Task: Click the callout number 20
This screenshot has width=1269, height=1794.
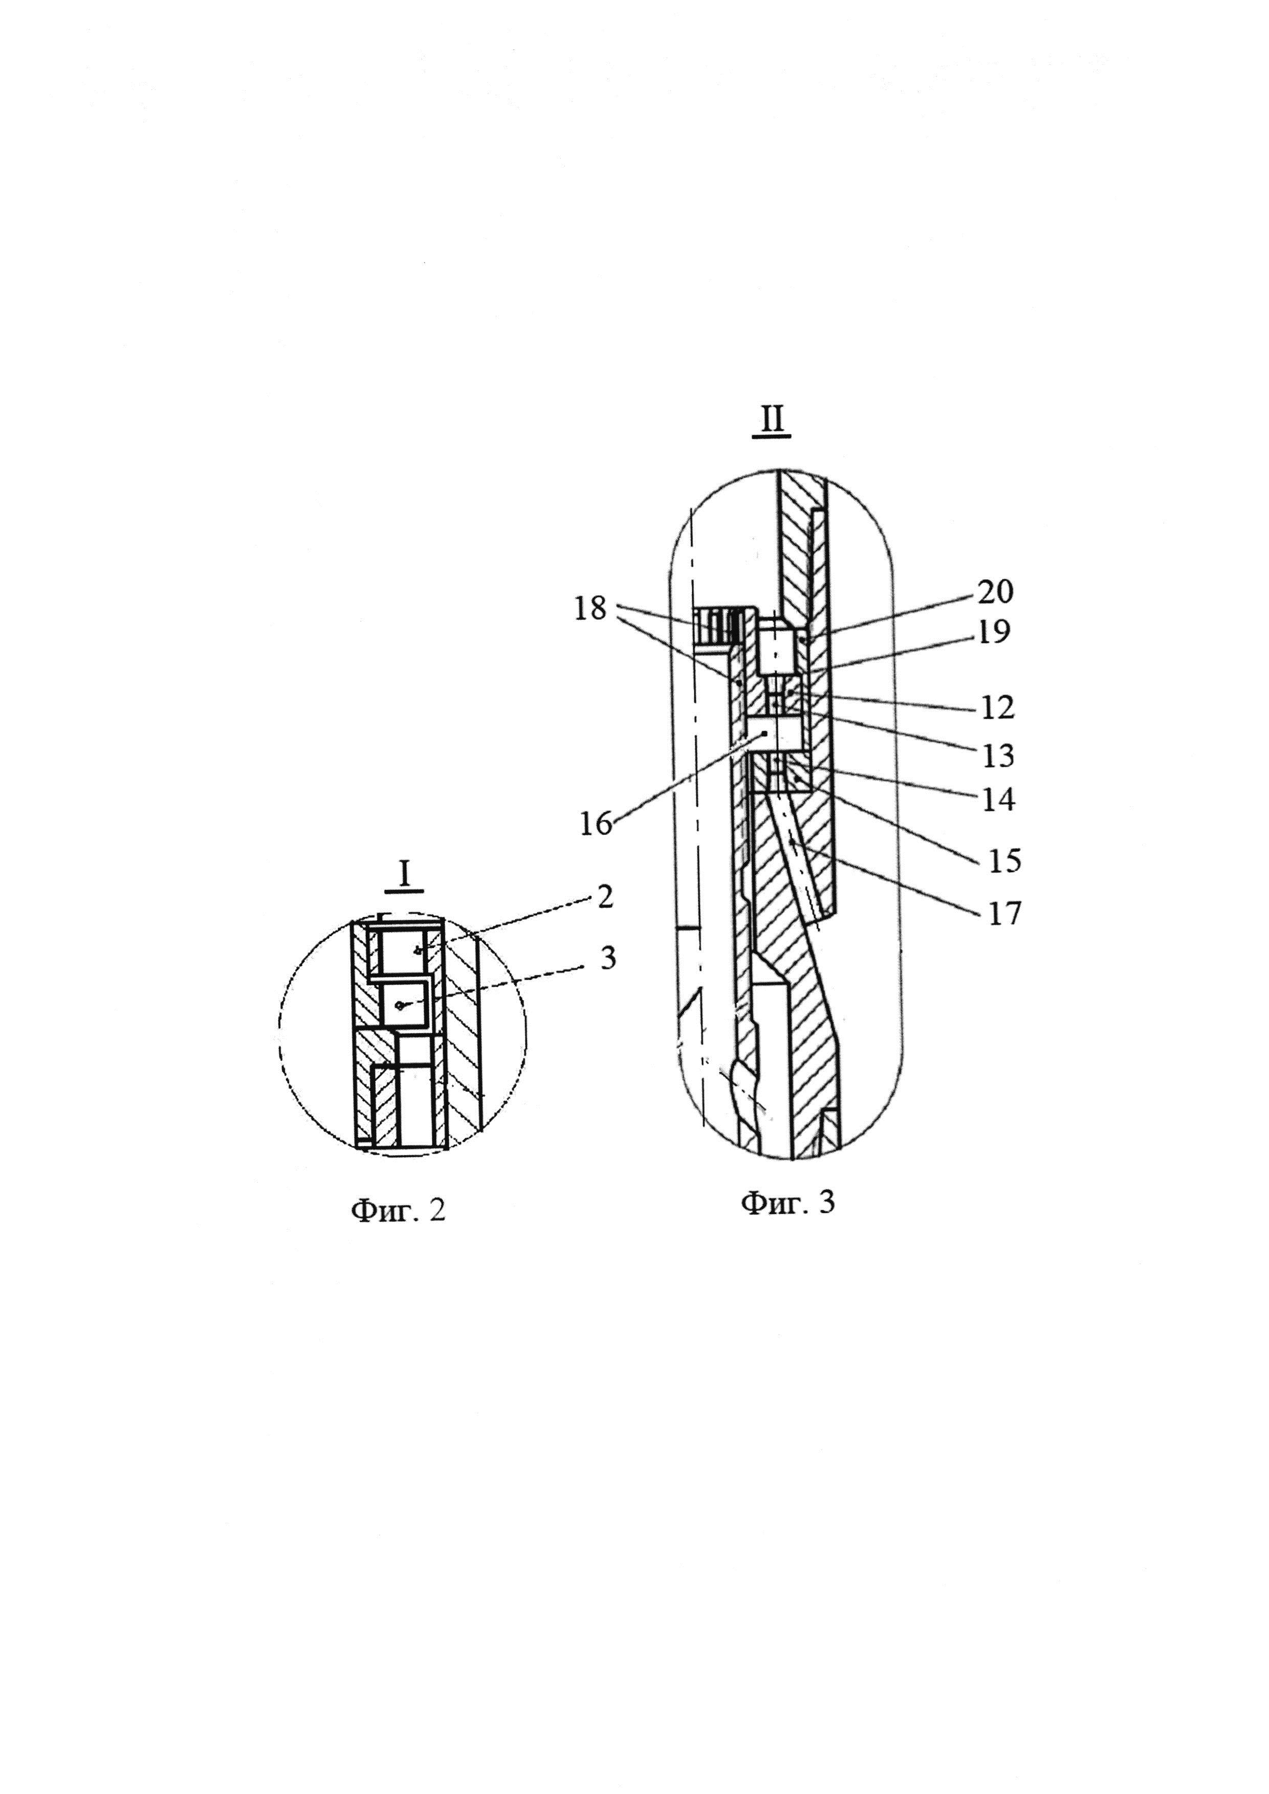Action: click(x=995, y=591)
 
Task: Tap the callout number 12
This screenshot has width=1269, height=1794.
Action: click(x=998, y=708)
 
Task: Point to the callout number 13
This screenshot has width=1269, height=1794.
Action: click(x=998, y=756)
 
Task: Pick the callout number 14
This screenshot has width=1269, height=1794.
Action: click(x=998, y=800)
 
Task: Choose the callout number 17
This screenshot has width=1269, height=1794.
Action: click(x=1004, y=913)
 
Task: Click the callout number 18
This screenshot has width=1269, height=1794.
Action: click(x=590, y=608)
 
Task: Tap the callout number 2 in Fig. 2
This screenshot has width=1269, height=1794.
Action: click(x=605, y=897)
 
